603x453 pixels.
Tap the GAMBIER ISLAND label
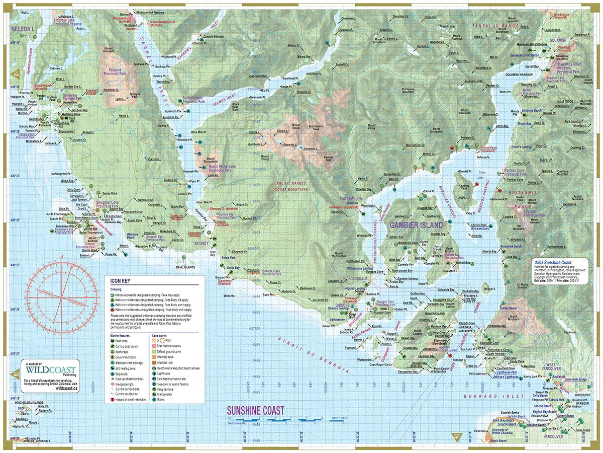pos(417,225)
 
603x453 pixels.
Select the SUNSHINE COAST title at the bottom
pos(256,410)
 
